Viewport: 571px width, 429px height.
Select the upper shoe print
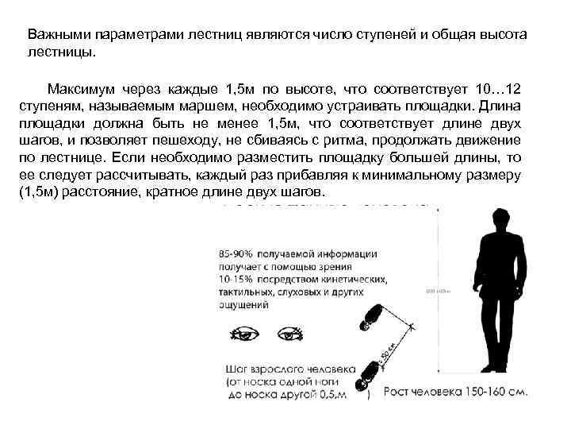371,315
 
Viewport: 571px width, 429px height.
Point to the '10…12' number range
504,87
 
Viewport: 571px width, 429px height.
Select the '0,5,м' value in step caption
331,394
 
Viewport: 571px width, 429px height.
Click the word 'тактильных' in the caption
247,292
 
